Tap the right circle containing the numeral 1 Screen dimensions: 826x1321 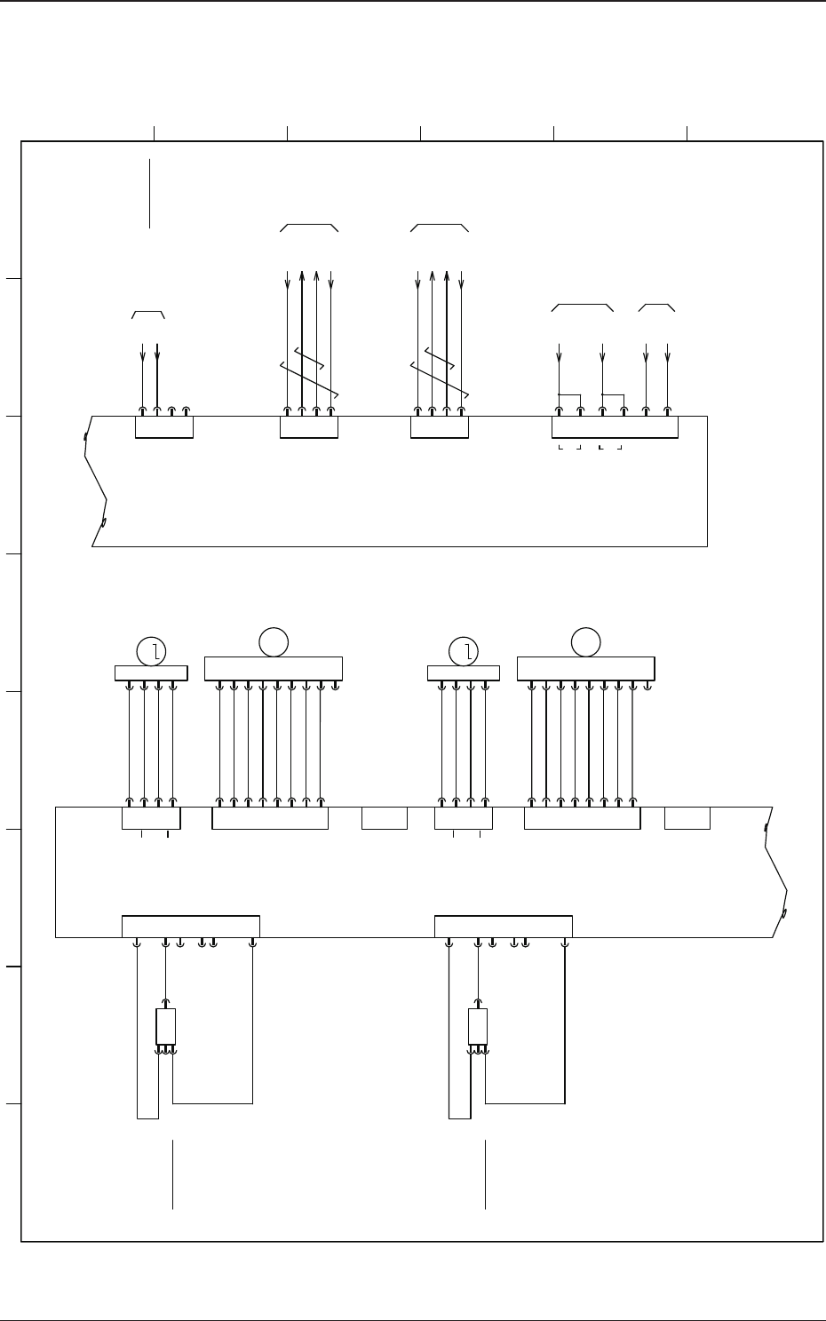(464, 651)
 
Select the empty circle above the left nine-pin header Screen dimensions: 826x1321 (274, 641)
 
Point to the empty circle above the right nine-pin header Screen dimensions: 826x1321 (585, 641)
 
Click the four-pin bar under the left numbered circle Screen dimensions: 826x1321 (151, 672)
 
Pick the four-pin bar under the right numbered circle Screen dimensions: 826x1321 (463, 672)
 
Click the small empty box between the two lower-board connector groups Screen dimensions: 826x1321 (385, 818)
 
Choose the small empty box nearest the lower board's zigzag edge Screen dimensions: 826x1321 (687, 818)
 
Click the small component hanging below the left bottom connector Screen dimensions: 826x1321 (165, 1027)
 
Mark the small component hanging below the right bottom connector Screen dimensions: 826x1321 (478, 1027)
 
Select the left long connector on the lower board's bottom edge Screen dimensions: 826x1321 (191, 926)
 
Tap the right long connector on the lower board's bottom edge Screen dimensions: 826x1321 (504, 926)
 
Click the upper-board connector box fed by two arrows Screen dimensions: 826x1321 (163, 426)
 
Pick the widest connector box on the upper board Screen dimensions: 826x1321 (615, 426)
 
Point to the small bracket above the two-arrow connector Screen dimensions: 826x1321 (148, 314)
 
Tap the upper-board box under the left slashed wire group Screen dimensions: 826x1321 (308, 426)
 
